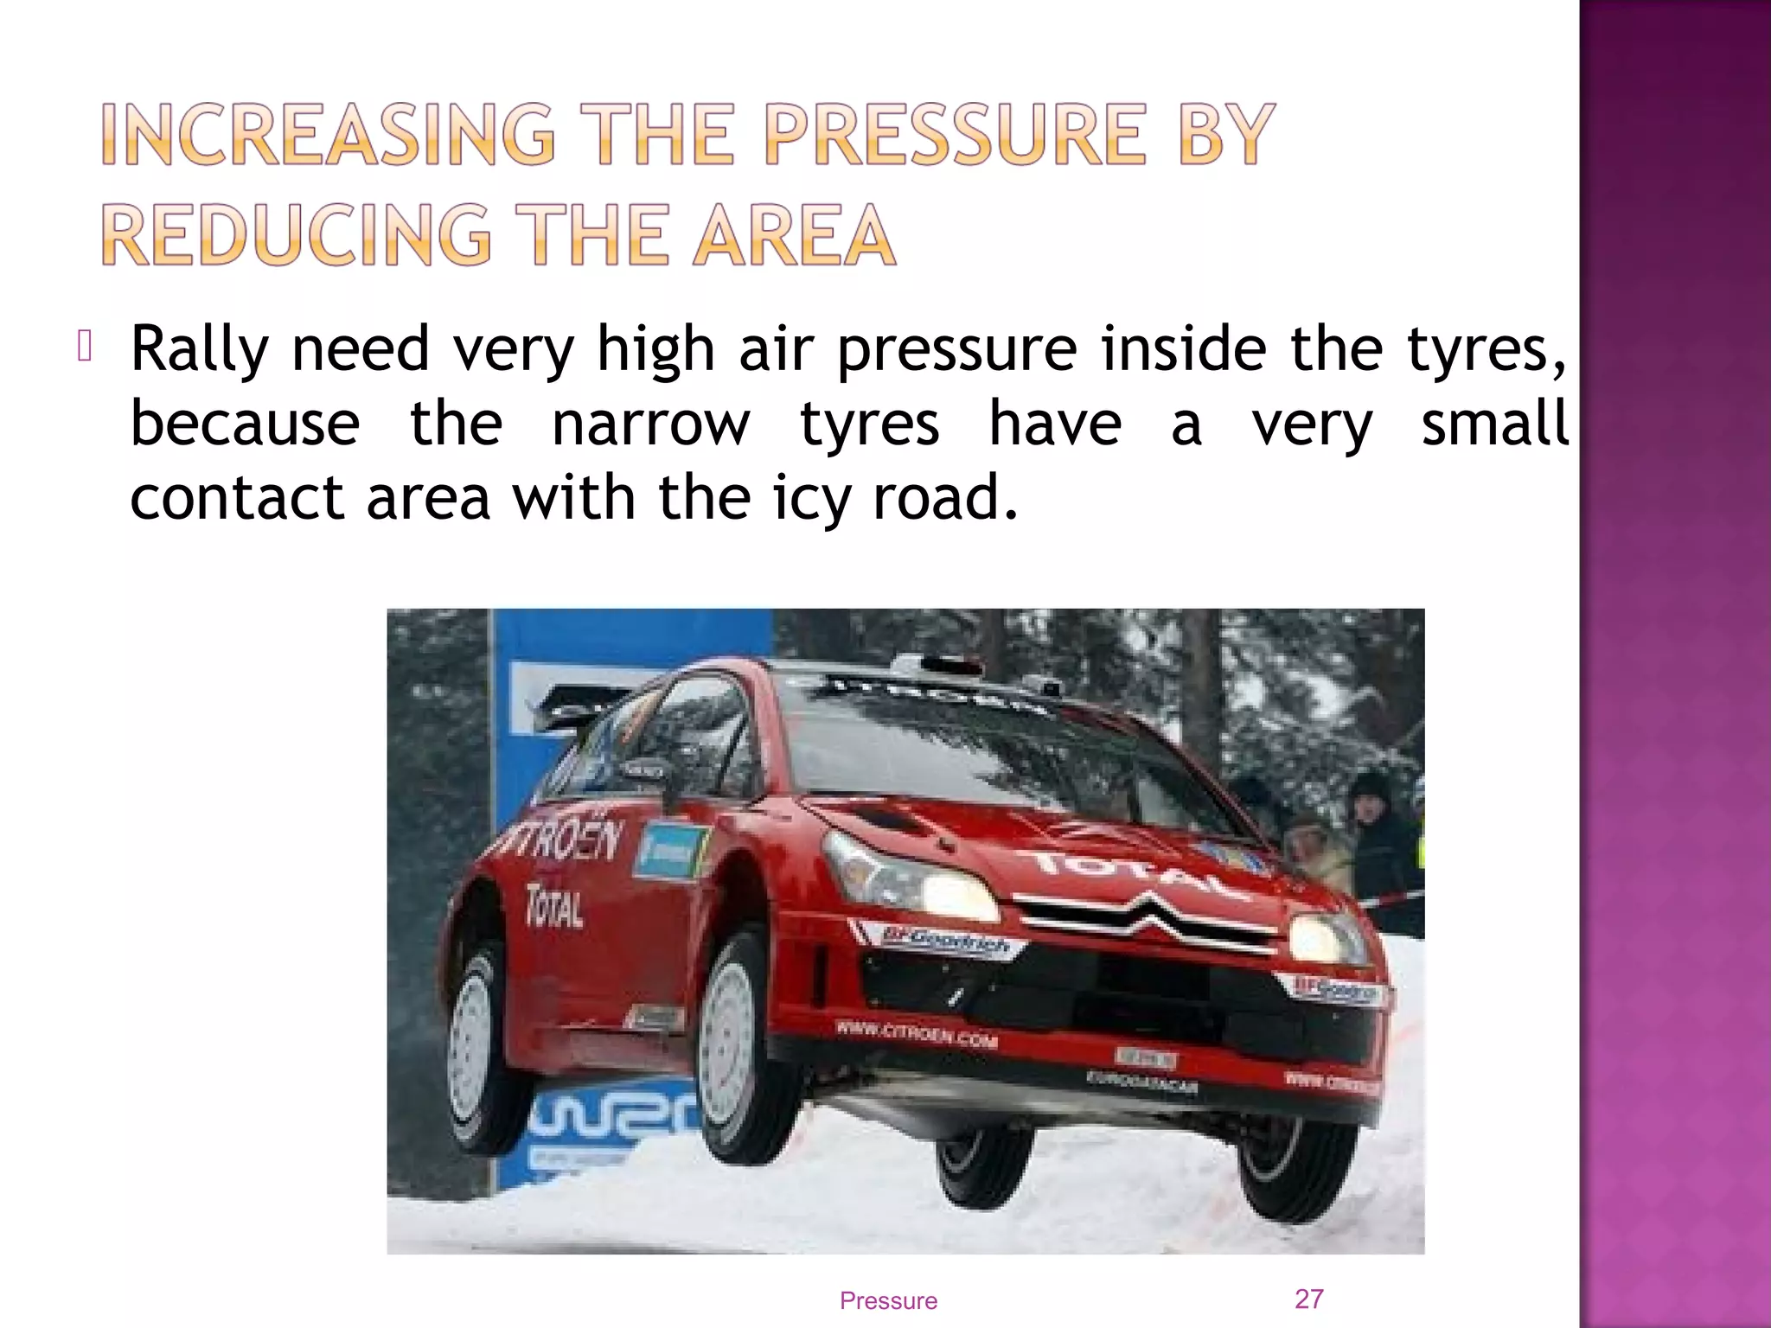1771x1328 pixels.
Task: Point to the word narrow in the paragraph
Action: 651,424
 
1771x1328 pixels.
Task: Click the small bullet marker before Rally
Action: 84,346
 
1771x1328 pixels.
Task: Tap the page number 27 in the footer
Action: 1308,1299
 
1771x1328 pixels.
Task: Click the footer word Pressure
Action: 888,1300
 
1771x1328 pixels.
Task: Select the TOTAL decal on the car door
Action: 554,905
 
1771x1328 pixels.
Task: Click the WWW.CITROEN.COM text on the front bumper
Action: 916,1034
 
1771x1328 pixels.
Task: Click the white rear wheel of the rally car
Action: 472,1046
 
